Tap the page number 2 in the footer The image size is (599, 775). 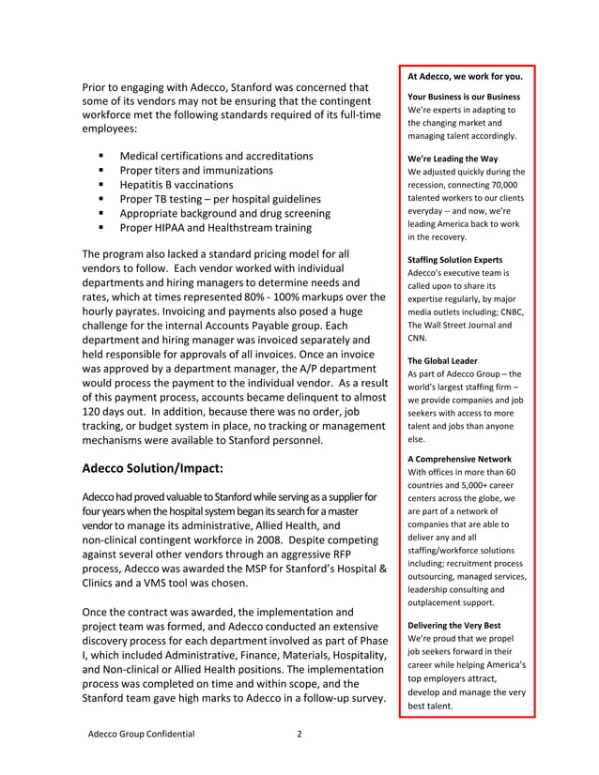click(299, 735)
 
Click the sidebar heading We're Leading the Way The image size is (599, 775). click(453, 158)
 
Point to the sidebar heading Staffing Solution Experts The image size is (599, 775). click(455, 259)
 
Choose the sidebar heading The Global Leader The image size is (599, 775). click(442, 360)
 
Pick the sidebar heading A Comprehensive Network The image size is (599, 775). click(459, 458)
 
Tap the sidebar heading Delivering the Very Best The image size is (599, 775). click(454, 625)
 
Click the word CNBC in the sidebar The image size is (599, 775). click(513, 312)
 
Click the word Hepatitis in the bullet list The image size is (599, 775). click(145, 185)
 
